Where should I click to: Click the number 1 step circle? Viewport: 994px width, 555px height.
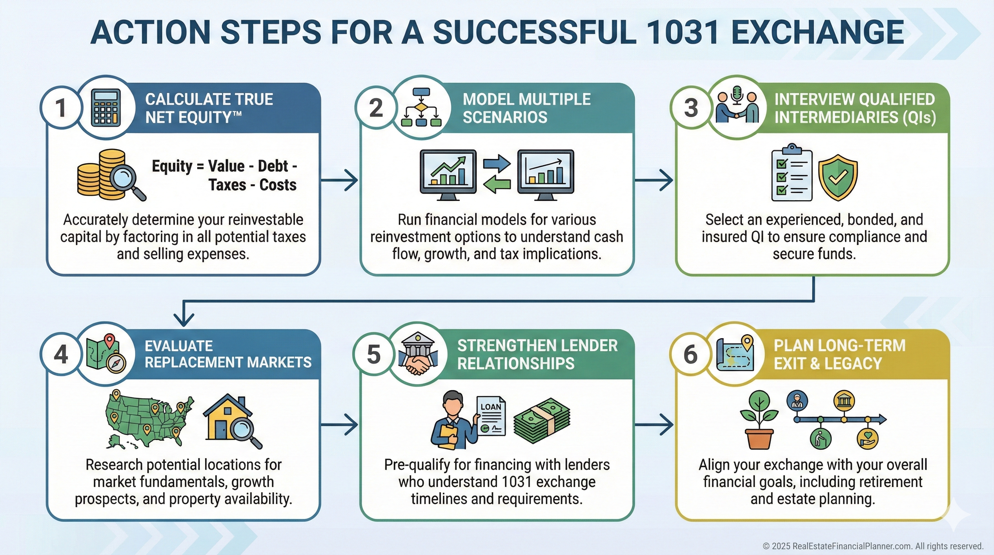point(61,108)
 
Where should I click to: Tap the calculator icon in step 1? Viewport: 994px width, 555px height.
point(106,108)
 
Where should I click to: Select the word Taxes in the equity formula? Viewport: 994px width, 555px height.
point(227,185)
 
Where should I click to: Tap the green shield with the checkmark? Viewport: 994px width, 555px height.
point(838,177)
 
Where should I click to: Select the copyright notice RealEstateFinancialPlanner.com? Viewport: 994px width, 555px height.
point(873,546)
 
